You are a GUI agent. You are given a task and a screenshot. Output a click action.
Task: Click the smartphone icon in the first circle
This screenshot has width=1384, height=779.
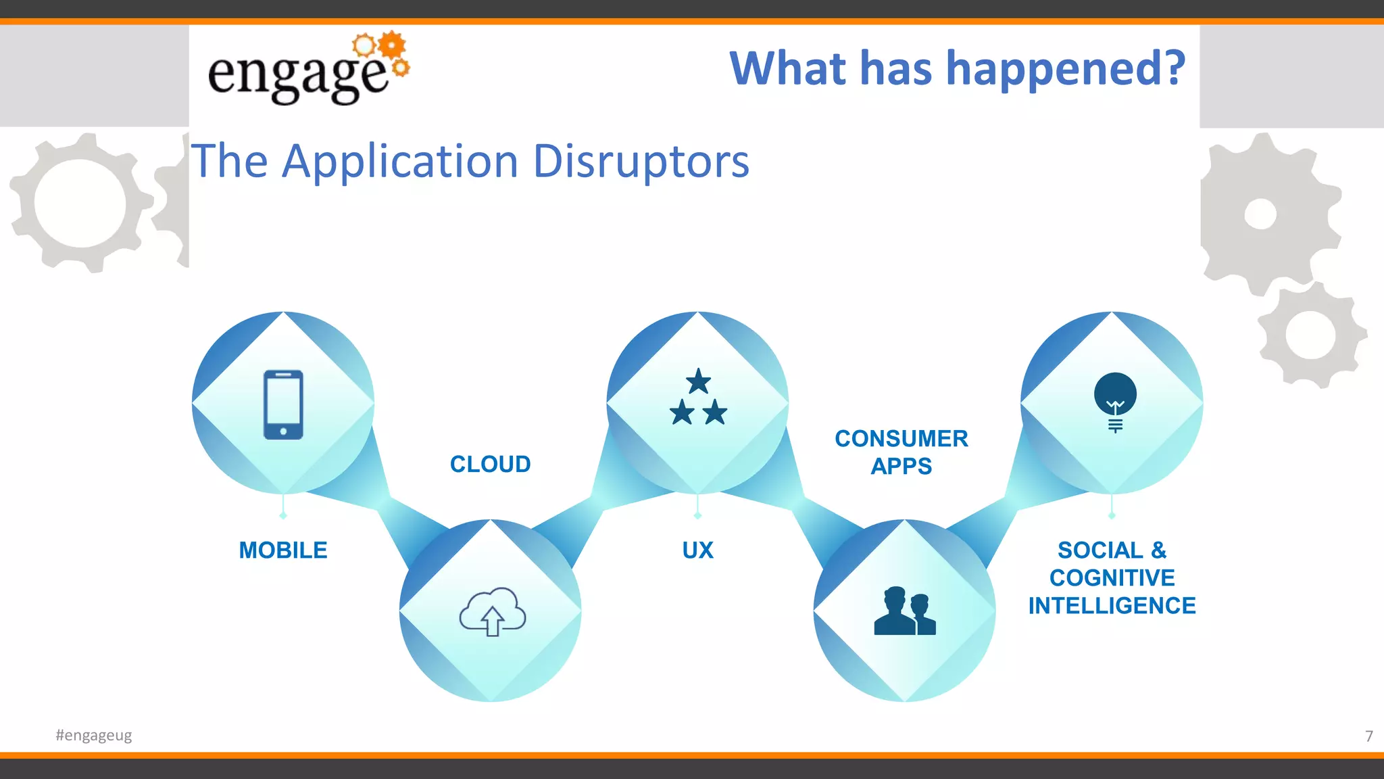pyautogui.click(x=283, y=404)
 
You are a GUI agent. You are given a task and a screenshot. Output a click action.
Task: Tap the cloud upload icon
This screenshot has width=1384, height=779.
pyautogui.click(x=492, y=611)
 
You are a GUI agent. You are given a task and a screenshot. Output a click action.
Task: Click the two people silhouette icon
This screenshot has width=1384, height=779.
pyautogui.click(x=905, y=611)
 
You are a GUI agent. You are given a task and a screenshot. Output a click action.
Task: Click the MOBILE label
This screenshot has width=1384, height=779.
pyautogui.click(x=283, y=550)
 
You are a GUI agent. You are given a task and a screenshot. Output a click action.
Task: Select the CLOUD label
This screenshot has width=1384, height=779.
pyautogui.click(x=491, y=465)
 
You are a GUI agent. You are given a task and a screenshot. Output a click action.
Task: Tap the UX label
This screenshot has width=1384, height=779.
pyautogui.click(x=698, y=550)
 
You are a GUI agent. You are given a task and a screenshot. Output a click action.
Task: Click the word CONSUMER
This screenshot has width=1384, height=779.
pyautogui.click(x=901, y=439)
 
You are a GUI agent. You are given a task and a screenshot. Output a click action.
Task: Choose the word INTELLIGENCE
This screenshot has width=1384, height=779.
pyautogui.click(x=1112, y=606)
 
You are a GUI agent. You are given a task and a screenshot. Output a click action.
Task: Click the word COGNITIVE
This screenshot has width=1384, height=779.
pyautogui.click(x=1112, y=578)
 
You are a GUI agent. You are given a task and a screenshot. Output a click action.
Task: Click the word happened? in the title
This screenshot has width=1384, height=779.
pyautogui.click(x=1066, y=69)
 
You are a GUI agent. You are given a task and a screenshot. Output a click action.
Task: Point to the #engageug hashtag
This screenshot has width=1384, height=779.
pyautogui.click(x=94, y=735)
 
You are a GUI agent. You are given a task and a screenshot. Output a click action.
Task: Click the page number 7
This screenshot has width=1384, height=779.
pyautogui.click(x=1368, y=736)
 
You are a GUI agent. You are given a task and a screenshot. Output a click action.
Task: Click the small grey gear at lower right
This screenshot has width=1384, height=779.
pyautogui.click(x=1311, y=335)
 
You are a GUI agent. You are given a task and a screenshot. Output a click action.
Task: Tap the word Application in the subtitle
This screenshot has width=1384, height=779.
pyautogui.click(x=400, y=162)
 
